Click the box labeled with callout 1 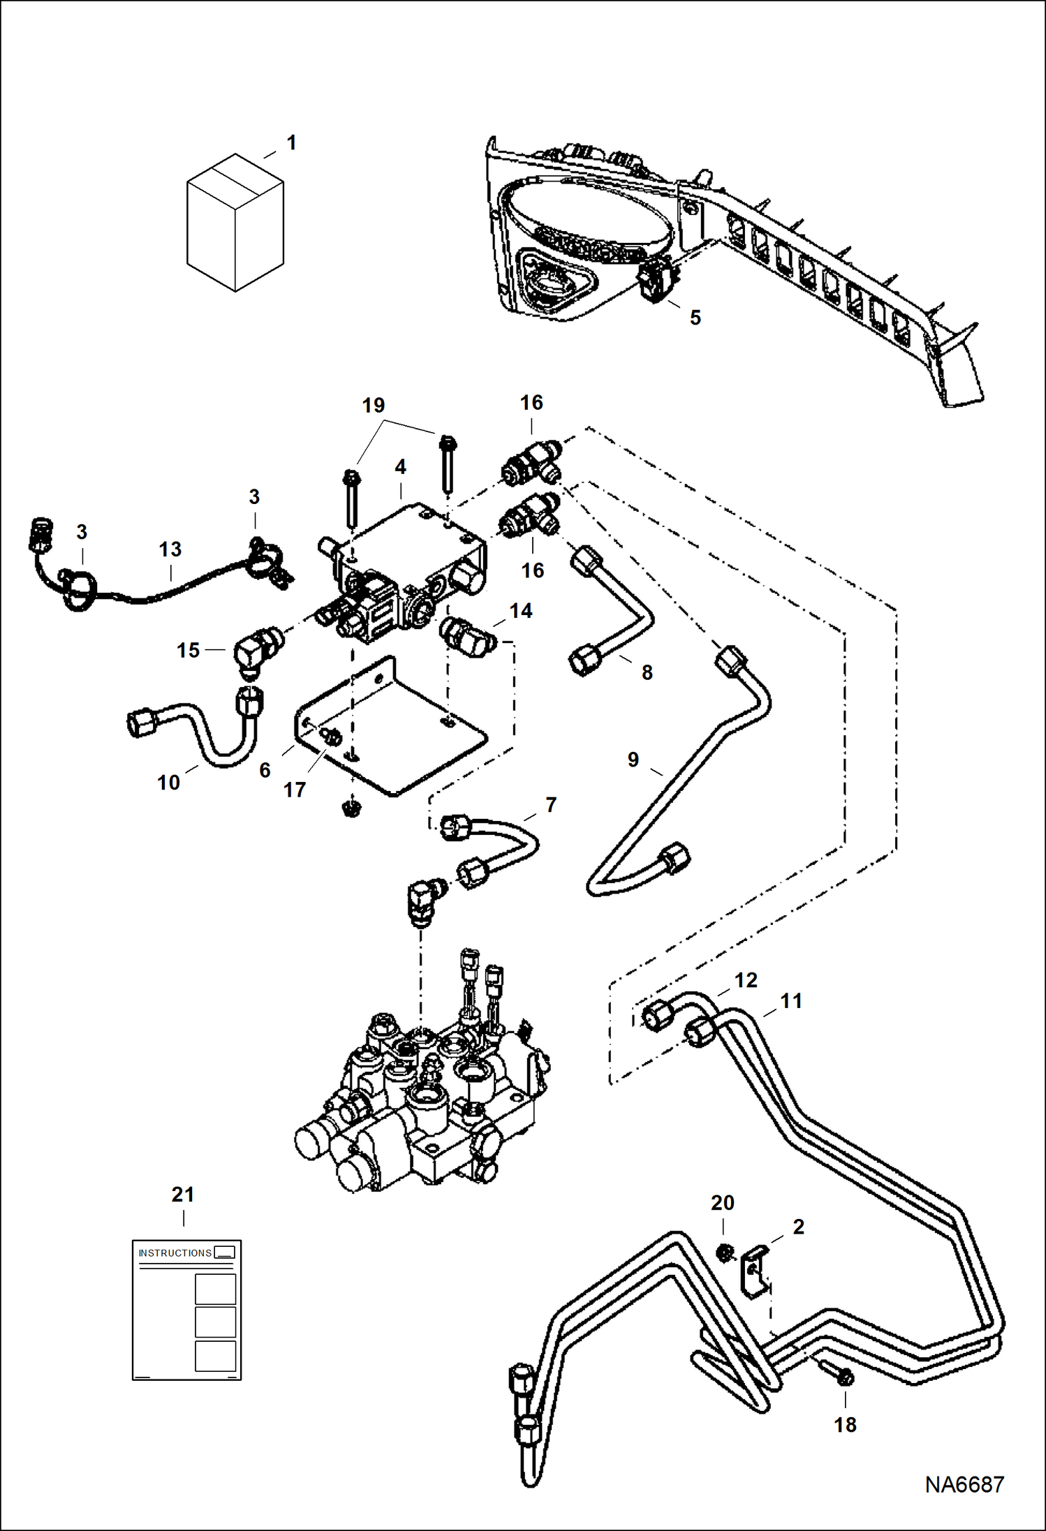pos(235,223)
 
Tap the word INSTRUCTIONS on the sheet pos(175,1253)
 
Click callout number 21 pos(183,1195)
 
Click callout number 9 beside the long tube pos(633,759)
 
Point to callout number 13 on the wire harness pos(170,549)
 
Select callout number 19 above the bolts pos(374,406)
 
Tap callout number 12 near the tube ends pos(746,980)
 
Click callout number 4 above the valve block pos(400,466)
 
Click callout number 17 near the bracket pos(294,790)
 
